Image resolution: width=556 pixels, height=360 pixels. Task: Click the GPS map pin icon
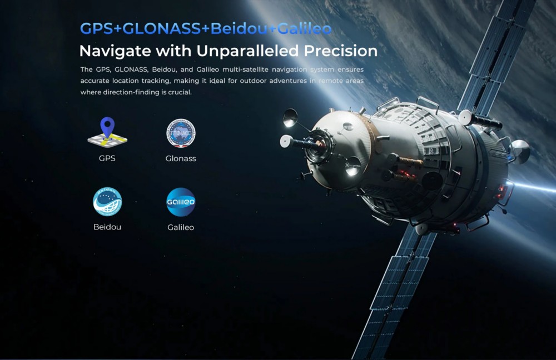click(107, 132)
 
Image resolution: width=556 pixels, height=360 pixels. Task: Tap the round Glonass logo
click(181, 133)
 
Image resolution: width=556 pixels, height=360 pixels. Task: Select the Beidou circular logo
click(107, 202)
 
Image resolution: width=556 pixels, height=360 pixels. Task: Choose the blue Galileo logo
click(181, 202)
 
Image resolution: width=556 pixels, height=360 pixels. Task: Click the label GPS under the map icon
click(107, 158)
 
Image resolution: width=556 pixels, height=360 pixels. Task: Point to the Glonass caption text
click(181, 158)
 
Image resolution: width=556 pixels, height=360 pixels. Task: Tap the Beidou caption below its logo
click(107, 227)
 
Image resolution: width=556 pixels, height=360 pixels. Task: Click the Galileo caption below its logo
click(181, 227)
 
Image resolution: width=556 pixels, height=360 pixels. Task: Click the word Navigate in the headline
click(116, 51)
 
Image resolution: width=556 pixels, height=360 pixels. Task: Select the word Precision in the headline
click(341, 51)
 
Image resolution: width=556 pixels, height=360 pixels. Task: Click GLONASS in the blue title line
click(162, 29)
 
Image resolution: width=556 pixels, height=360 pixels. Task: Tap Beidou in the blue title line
click(239, 29)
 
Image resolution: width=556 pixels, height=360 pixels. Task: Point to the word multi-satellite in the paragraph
click(245, 69)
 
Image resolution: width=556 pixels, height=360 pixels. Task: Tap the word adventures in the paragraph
click(288, 81)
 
